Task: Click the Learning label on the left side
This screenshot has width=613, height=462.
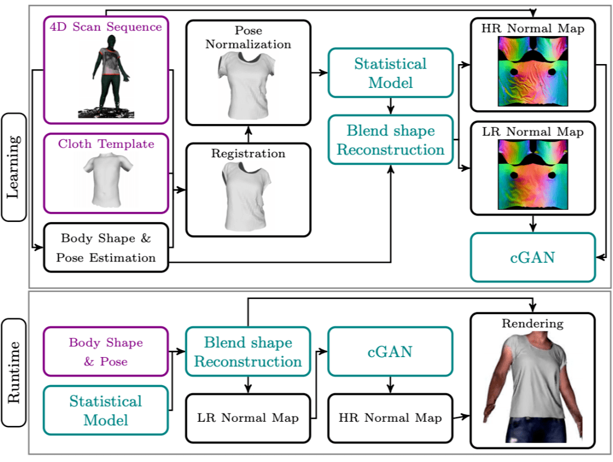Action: point(13,167)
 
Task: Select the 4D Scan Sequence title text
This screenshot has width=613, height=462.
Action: point(106,27)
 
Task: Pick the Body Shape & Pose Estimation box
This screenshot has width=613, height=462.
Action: point(106,248)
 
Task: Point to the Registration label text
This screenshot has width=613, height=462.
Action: point(248,154)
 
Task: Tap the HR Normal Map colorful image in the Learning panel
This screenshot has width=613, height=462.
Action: point(532,71)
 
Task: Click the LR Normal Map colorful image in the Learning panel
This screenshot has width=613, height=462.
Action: point(532,174)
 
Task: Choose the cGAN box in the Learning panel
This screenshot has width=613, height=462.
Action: point(532,257)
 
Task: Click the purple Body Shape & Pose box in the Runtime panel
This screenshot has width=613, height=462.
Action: point(106,351)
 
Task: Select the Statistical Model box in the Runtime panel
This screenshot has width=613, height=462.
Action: point(106,410)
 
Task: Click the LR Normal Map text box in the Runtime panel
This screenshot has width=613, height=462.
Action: point(248,418)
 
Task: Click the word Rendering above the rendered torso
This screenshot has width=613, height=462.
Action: point(532,323)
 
